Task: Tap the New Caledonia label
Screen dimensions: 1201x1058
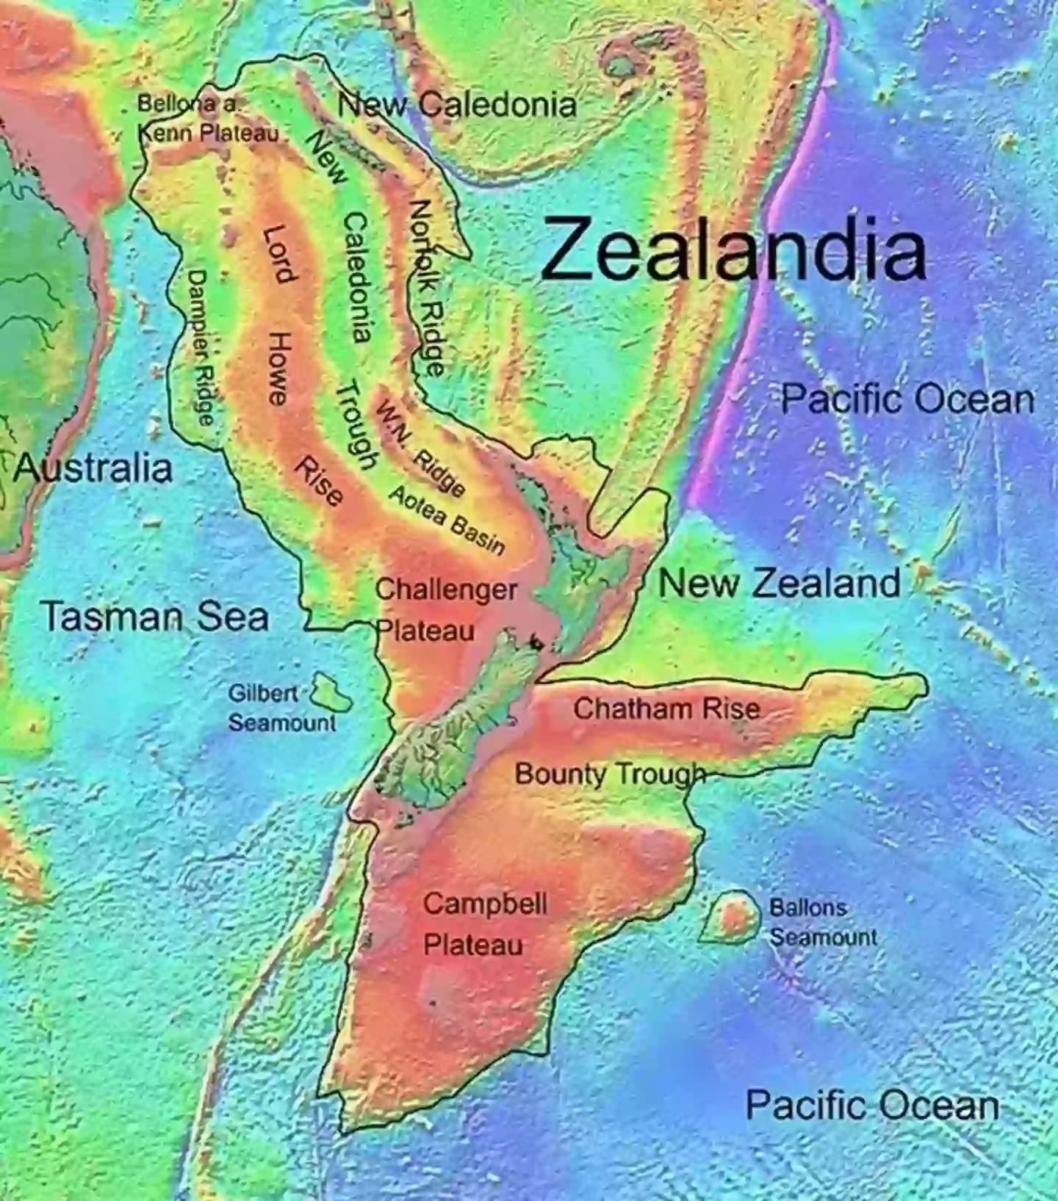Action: [x=457, y=105]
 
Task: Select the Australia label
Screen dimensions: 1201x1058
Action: [x=93, y=468]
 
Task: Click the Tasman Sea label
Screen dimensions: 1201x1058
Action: [x=155, y=616]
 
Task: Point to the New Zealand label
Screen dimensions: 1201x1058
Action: [x=779, y=584]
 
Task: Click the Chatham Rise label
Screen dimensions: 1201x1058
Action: [x=666, y=708]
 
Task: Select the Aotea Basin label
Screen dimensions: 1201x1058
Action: [x=447, y=520]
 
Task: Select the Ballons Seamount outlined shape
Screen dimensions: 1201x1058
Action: [x=730, y=917]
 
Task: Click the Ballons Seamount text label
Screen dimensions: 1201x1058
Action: [x=823, y=922]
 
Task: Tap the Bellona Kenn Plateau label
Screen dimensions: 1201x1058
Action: [x=208, y=119]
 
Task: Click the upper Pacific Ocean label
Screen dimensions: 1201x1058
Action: [x=907, y=399]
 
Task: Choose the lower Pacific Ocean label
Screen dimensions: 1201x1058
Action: [x=872, y=1105]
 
